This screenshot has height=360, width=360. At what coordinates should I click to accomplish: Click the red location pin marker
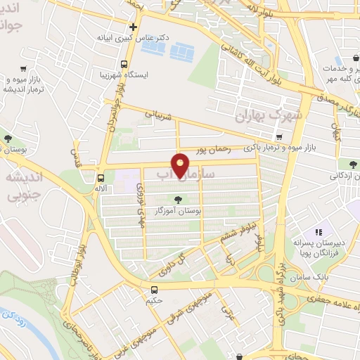[x=181, y=165]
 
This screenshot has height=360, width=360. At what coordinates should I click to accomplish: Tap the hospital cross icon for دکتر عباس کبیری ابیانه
[x=133, y=27]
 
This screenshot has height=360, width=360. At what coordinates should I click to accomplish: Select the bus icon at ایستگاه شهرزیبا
[x=124, y=64]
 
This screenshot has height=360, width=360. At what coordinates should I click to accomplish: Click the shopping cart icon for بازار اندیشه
[x=24, y=69]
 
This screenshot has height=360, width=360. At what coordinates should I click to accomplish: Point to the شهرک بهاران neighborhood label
[x=269, y=115]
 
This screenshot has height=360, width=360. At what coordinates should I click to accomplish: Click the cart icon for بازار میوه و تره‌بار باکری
[x=280, y=136]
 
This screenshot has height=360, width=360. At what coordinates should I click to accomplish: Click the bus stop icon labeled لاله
[x=101, y=178]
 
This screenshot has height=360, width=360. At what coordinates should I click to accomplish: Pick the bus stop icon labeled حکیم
[x=155, y=289]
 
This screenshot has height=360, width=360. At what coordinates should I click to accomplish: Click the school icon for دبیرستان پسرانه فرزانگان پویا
[x=318, y=231]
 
